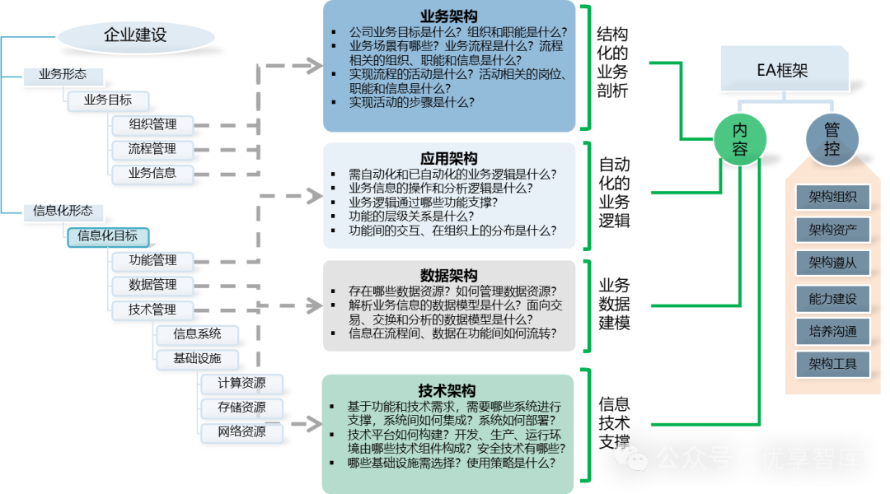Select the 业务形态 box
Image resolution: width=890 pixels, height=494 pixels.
[62, 76]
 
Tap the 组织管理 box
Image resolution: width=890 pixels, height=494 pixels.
[153, 125]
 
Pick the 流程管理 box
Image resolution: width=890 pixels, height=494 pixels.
[153, 150]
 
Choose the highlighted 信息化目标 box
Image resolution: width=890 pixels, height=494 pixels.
[108, 236]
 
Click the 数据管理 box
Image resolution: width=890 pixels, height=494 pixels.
[153, 286]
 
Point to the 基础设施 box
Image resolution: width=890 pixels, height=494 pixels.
[197, 359]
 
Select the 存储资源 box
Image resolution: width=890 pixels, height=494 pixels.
[241, 408]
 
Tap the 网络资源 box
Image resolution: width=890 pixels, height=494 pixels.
[241, 431]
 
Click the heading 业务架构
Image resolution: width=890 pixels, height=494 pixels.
[448, 16]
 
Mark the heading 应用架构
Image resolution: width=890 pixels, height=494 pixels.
[448, 158]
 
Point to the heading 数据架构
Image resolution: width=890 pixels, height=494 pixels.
[448, 275]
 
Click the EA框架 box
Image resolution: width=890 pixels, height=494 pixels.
[783, 70]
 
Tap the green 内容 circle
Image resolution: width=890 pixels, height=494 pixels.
[740, 139]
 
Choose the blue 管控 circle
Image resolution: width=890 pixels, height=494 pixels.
[831, 139]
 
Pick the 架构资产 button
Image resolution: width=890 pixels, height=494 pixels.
[832, 230]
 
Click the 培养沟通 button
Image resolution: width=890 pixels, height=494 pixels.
[832, 332]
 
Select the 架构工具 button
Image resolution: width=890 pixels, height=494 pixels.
[832, 364]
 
